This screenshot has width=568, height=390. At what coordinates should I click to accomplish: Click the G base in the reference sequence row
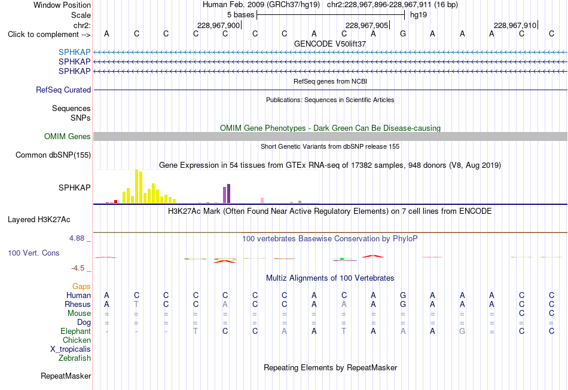tap(403, 34)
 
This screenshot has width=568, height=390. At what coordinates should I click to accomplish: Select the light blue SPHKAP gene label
tap(74, 52)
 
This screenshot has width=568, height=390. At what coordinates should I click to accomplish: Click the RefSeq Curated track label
tap(63, 90)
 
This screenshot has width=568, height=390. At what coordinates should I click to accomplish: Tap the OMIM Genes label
tap(68, 136)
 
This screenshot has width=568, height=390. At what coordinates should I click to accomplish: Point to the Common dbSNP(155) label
tap(53, 155)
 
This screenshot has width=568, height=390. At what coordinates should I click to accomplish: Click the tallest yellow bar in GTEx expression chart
tap(136, 186)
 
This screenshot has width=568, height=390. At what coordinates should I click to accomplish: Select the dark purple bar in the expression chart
tap(228, 194)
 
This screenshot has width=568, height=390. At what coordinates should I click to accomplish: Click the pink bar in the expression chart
tap(262, 201)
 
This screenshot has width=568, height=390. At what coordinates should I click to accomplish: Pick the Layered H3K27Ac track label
tap(39, 220)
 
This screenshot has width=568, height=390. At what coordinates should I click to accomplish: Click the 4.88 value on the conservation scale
tap(77, 238)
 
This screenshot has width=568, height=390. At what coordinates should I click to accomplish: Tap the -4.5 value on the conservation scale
tap(78, 268)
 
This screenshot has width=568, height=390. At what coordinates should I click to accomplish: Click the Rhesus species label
tap(78, 304)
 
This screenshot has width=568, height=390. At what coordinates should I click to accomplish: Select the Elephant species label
tap(76, 331)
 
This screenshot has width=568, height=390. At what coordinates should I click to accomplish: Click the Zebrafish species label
tap(75, 358)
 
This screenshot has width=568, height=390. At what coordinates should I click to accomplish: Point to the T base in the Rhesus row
tap(136, 305)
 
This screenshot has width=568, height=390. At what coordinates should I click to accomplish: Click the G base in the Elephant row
tap(462, 331)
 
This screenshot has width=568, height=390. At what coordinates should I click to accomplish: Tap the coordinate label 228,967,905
tap(367, 25)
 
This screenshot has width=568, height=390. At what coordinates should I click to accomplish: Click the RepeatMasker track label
tap(66, 376)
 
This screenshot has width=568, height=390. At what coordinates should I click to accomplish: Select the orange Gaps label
tap(81, 287)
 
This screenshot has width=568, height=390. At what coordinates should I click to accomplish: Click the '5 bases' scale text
tap(241, 15)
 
